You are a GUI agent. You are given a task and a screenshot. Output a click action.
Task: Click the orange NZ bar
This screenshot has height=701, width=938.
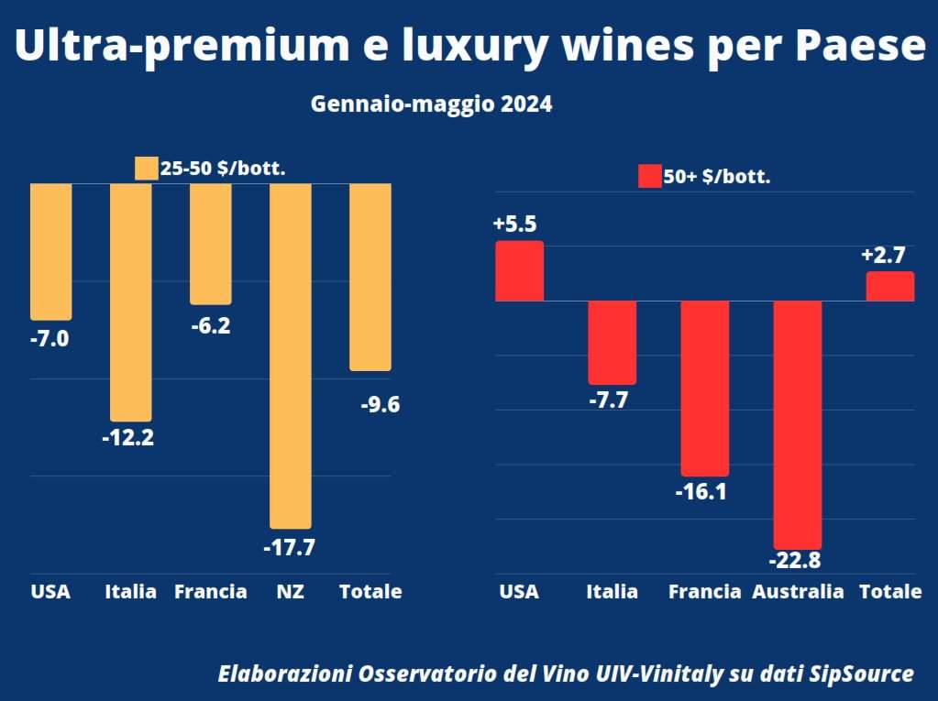click(x=290, y=356)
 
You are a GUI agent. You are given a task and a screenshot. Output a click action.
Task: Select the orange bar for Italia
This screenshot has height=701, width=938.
click(x=131, y=301)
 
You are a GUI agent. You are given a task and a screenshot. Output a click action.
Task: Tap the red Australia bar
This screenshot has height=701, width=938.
click(x=798, y=424)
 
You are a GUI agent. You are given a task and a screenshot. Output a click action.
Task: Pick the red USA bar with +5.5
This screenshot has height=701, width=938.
click(x=520, y=271)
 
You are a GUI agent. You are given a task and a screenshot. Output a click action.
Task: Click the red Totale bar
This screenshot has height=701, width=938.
click(x=890, y=286)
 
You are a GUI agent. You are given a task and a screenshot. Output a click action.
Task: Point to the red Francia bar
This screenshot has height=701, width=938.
click(x=704, y=388)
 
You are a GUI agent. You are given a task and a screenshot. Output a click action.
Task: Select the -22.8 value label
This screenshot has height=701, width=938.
click(x=798, y=560)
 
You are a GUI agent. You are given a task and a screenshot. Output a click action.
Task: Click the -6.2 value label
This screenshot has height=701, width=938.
click(x=209, y=325)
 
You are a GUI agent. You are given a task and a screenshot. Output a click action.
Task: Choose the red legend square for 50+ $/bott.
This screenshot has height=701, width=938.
click(x=649, y=177)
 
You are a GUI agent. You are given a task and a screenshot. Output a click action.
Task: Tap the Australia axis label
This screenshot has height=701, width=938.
click(x=798, y=592)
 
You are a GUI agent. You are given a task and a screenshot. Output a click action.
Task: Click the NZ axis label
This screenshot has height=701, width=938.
click(x=290, y=592)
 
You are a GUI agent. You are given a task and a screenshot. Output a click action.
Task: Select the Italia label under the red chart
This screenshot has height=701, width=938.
click(x=612, y=592)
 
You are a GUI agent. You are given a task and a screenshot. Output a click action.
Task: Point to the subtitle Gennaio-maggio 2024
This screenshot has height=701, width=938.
click(x=431, y=104)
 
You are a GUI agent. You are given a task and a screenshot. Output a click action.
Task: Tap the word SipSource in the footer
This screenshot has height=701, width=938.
click(x=862, y=674)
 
